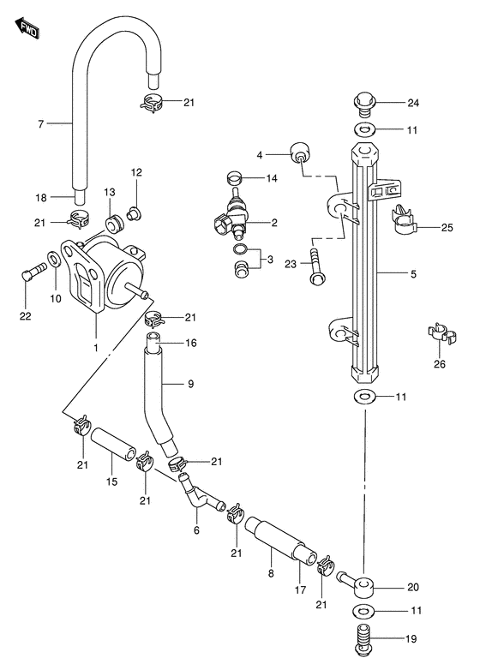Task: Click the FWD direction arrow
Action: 27,28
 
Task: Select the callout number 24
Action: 413,103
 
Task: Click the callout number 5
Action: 413,274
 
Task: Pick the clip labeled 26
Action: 441,335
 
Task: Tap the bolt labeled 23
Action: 317,267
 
